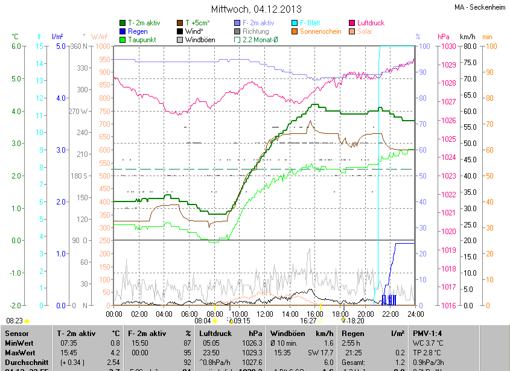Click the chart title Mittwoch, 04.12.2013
tap(255, 9)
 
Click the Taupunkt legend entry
tap(142, 40)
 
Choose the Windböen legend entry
tap(200, 40)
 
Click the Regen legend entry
tap(138, 31)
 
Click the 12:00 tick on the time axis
tap(265, 314)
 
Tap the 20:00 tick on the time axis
tap(366, 314)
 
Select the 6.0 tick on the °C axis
tap(16, 46)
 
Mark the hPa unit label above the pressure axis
tap(443, 37)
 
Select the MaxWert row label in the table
tap(19, 352)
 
